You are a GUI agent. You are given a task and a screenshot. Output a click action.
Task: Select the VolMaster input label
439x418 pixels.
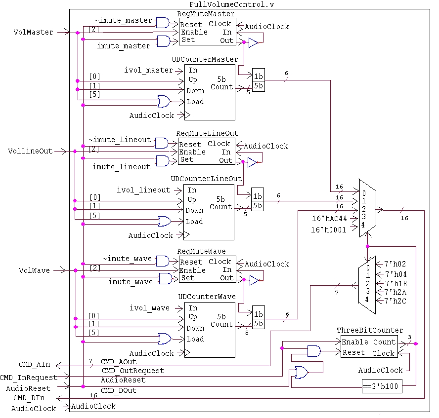[x=33, y=32]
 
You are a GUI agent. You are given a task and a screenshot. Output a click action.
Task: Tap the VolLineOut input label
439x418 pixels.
[x=30, y=151]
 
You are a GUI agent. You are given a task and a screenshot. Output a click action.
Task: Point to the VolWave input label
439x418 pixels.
[x=34, y=270]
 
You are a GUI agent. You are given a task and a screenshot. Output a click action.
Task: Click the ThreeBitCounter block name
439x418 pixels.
[x=370, y=330]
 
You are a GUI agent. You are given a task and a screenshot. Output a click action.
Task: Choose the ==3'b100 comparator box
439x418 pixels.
[x=381, y=387]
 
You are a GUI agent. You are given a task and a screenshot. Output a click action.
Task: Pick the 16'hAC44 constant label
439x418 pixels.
[x=329, y=218]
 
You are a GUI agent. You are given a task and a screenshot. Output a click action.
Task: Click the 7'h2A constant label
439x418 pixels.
[x=395, y=292]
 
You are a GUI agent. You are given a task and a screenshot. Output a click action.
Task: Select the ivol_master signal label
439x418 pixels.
[x=148, y=71]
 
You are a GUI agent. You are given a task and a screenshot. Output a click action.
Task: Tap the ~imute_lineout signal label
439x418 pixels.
[x=120, y=140]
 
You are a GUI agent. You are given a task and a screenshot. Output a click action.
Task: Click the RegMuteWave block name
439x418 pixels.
[x=204, y=252]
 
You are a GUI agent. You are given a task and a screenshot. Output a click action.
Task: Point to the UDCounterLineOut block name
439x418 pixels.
[x=206, y=178]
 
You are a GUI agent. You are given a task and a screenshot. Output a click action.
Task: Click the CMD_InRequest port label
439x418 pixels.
[x=29, y=378]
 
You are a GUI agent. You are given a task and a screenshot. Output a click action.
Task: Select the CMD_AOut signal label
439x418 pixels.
[x=118, y=362]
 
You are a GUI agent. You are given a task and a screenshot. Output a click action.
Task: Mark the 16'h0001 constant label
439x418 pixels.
[x=329, y=229]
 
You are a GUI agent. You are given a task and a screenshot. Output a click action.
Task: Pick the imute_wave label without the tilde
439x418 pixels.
[x=131, y=282]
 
